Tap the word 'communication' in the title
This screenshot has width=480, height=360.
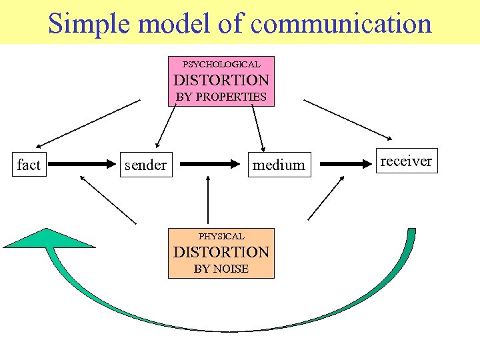coord(342,24)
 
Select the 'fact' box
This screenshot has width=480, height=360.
coord(29,165)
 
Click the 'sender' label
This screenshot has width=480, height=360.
coord(145,165)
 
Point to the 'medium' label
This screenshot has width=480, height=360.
coord(279,165)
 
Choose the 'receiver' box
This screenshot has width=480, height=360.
coord(405,161)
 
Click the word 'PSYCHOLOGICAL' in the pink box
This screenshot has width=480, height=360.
coord(221,65)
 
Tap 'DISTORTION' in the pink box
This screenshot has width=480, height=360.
coord(221,80)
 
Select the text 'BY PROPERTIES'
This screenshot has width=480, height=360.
coord(221,97)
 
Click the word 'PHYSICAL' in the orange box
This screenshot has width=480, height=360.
coord(221,236)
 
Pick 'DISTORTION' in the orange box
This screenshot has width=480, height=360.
coord(221,252)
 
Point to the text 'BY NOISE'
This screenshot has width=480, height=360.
coord(221,269)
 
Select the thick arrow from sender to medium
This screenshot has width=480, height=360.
coord(210,163)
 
